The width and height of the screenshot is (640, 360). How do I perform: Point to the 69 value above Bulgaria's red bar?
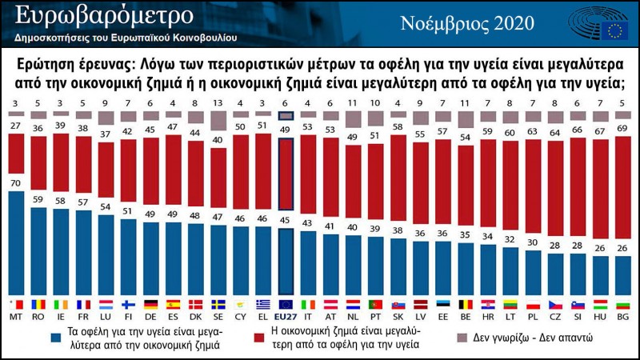[621, 127]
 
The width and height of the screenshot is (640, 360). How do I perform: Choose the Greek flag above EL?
[262, 304]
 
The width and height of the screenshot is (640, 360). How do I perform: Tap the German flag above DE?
[150, 304]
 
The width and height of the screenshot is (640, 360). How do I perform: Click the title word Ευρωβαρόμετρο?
[104, 16]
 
